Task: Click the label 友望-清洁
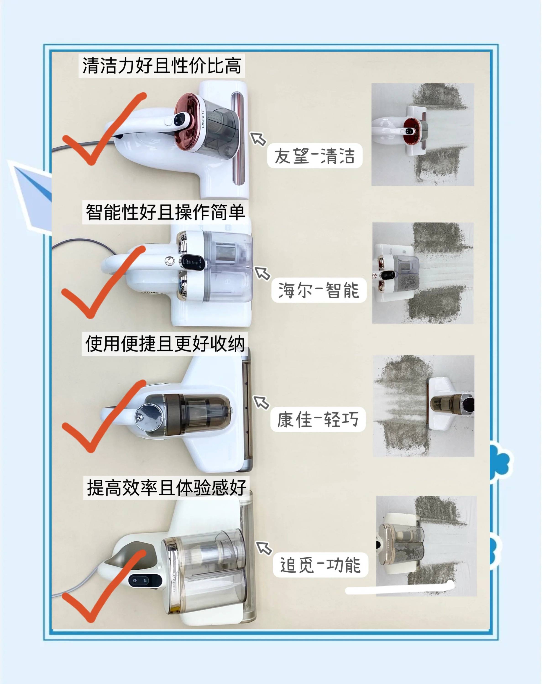[315, 156]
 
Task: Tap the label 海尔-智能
[319, 290]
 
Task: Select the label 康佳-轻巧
[318, 419]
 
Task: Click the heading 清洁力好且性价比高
[162, 66]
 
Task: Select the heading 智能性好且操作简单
[165, 212]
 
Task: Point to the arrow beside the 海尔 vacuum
[263, 273]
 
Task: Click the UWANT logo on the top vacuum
[202, 119]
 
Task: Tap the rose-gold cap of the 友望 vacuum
[187, 121]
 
